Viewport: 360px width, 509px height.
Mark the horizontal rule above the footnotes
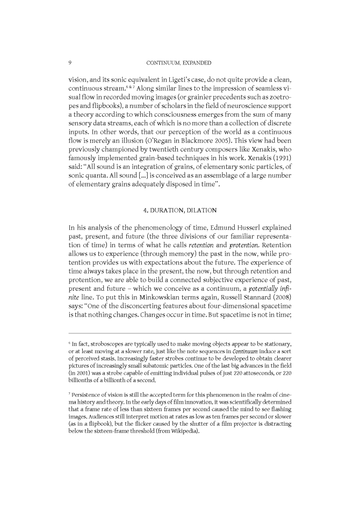[x=179, y=318]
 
